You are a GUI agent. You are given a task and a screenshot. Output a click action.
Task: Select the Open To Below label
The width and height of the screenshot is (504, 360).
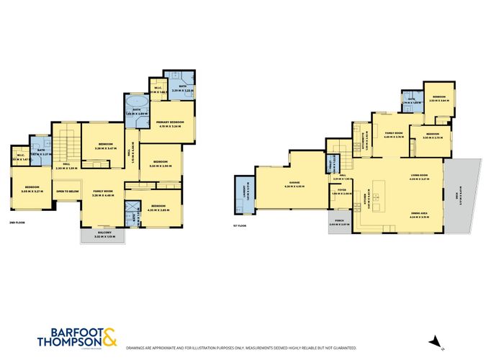pyautogui.click(x=66, y=192)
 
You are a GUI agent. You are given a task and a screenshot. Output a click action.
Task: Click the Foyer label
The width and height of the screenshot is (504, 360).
pyautogui.click(x=338, y=192)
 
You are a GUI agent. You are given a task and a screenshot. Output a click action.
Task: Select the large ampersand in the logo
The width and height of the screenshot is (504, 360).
pyautogui.click(x=111, y=333)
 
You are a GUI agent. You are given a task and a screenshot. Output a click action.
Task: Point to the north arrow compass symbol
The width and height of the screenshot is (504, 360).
pyautogui.click(x=433, y=343)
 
